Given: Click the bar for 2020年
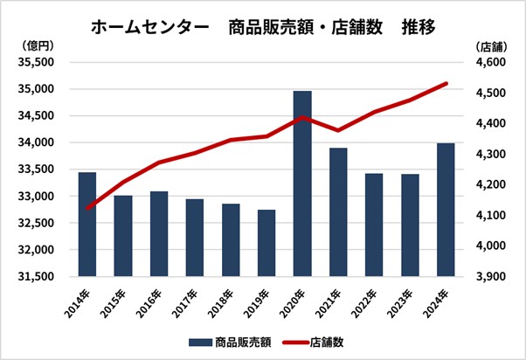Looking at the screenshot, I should pos(302,183).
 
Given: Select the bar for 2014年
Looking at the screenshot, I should pos(87,224).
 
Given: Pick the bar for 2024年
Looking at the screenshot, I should pos(446,210).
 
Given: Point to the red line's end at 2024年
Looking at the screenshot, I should pos(446,84).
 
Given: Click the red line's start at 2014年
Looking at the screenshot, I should pos(87,209).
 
